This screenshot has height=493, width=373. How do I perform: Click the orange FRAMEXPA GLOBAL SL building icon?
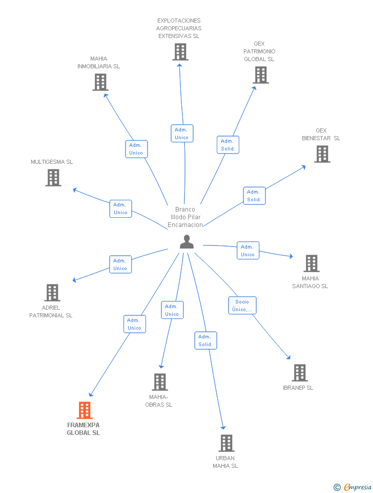(x=85, y=410)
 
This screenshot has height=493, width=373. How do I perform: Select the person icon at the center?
(x=186, y=242)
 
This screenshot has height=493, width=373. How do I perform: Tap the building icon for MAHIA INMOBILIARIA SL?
(x=100, y=82)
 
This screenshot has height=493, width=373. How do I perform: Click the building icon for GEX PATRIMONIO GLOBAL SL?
(x=261, y=75)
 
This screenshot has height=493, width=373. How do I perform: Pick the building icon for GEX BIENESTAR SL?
(x=322, y=154)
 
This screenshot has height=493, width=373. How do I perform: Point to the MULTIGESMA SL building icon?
(x=53, y=178)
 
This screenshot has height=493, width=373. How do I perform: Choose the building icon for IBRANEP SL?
(x=300, y=373)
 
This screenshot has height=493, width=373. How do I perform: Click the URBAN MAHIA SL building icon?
(x=226, y=443)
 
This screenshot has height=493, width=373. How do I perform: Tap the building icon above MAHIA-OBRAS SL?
(x=160, y=382)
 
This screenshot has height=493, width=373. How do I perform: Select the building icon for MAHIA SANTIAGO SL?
(x=312, y=263)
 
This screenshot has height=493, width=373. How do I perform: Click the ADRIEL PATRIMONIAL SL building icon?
(x=52, y=293)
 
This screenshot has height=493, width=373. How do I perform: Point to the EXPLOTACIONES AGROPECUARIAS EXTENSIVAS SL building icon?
(x=180, y=52)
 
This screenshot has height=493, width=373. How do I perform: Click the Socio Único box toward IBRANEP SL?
(x=242, y=306)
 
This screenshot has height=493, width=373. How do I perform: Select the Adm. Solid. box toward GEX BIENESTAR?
(x=254, y=196)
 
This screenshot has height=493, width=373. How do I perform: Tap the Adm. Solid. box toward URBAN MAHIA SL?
(x=205, y=340)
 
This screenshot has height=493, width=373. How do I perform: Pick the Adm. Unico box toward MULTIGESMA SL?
(x=120, y=208)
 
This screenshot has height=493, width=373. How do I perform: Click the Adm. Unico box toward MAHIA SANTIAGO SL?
(x=247, y=251)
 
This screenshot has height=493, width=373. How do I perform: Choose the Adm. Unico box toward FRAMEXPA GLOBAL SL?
(x=135, y=324)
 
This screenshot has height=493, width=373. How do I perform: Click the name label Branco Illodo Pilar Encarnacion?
(x=185, y=217)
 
